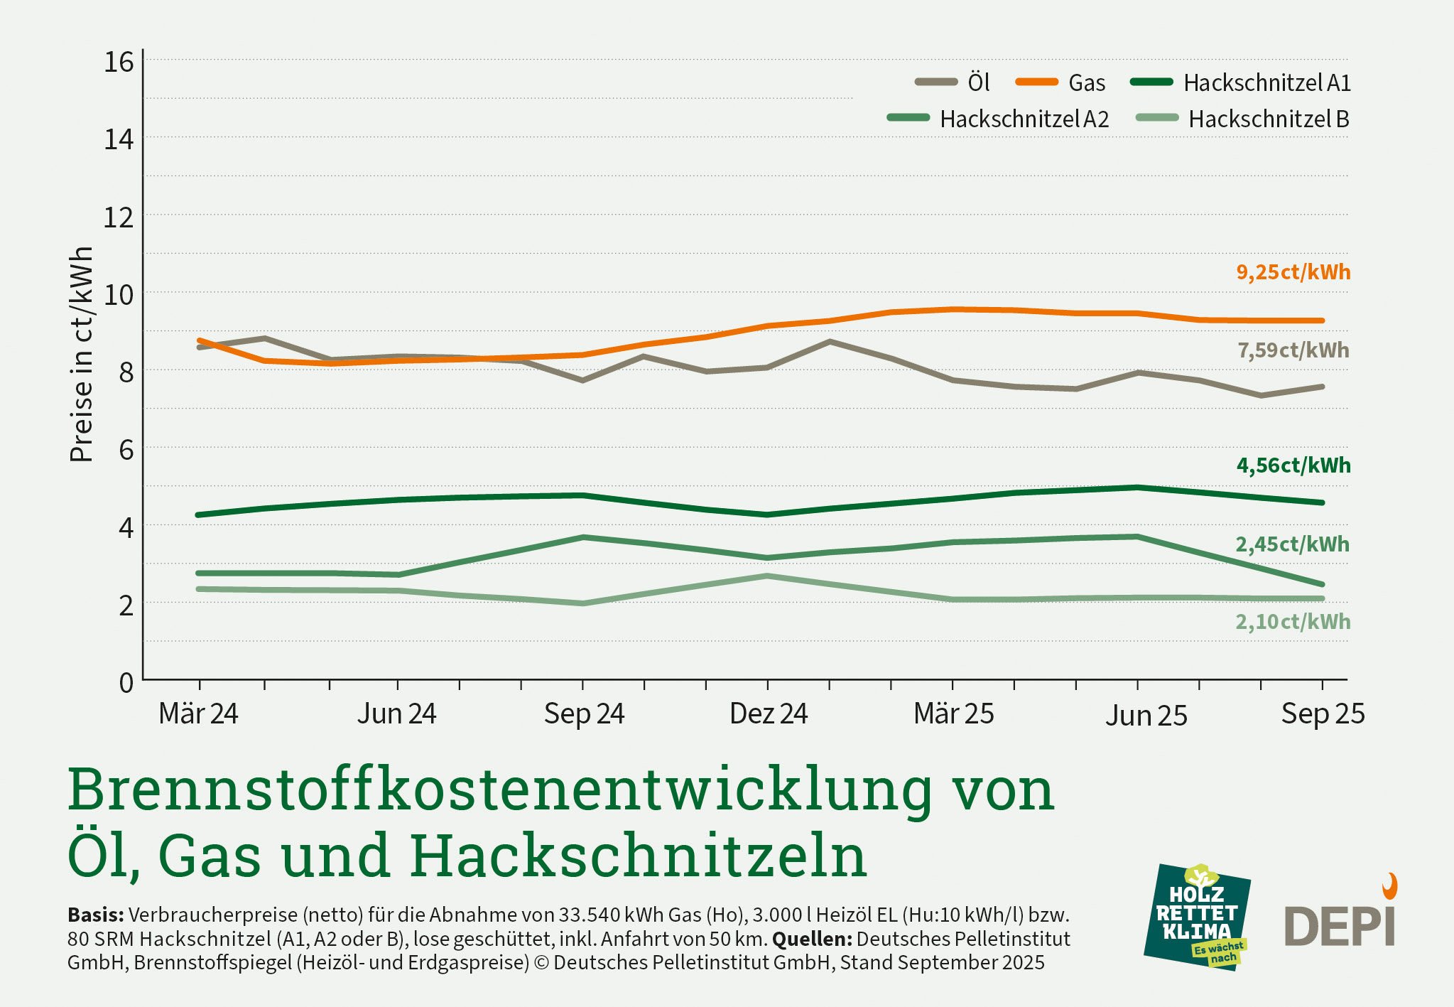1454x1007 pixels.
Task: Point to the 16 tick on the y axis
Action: pyautogui.click(x=119, y=63)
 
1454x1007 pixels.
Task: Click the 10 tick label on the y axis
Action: pyautogui.click(x=119, y=294)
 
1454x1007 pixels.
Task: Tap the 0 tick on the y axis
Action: pyautogui.click(x=126, y=683)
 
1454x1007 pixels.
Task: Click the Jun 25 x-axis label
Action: pyautogui.click(x=1146, y=716)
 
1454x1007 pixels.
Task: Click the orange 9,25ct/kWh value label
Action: pyautogui.click(x=1293, y=272)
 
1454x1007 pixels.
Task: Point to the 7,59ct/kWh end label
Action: pyautogui.click(x=1293, y=350)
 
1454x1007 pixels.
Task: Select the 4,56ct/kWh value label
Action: pyautogui.click(x=1293, y=465)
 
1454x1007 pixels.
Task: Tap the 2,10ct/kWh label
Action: pyautogui.click(x=1293, y=622)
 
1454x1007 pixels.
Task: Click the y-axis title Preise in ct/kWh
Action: pyautogui.click(x=82, y=354)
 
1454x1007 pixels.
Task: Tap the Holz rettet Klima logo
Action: pyautogui.click(x=1197, y=917)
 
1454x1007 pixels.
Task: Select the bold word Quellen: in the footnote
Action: pyautogui.click(x=812, y=939)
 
